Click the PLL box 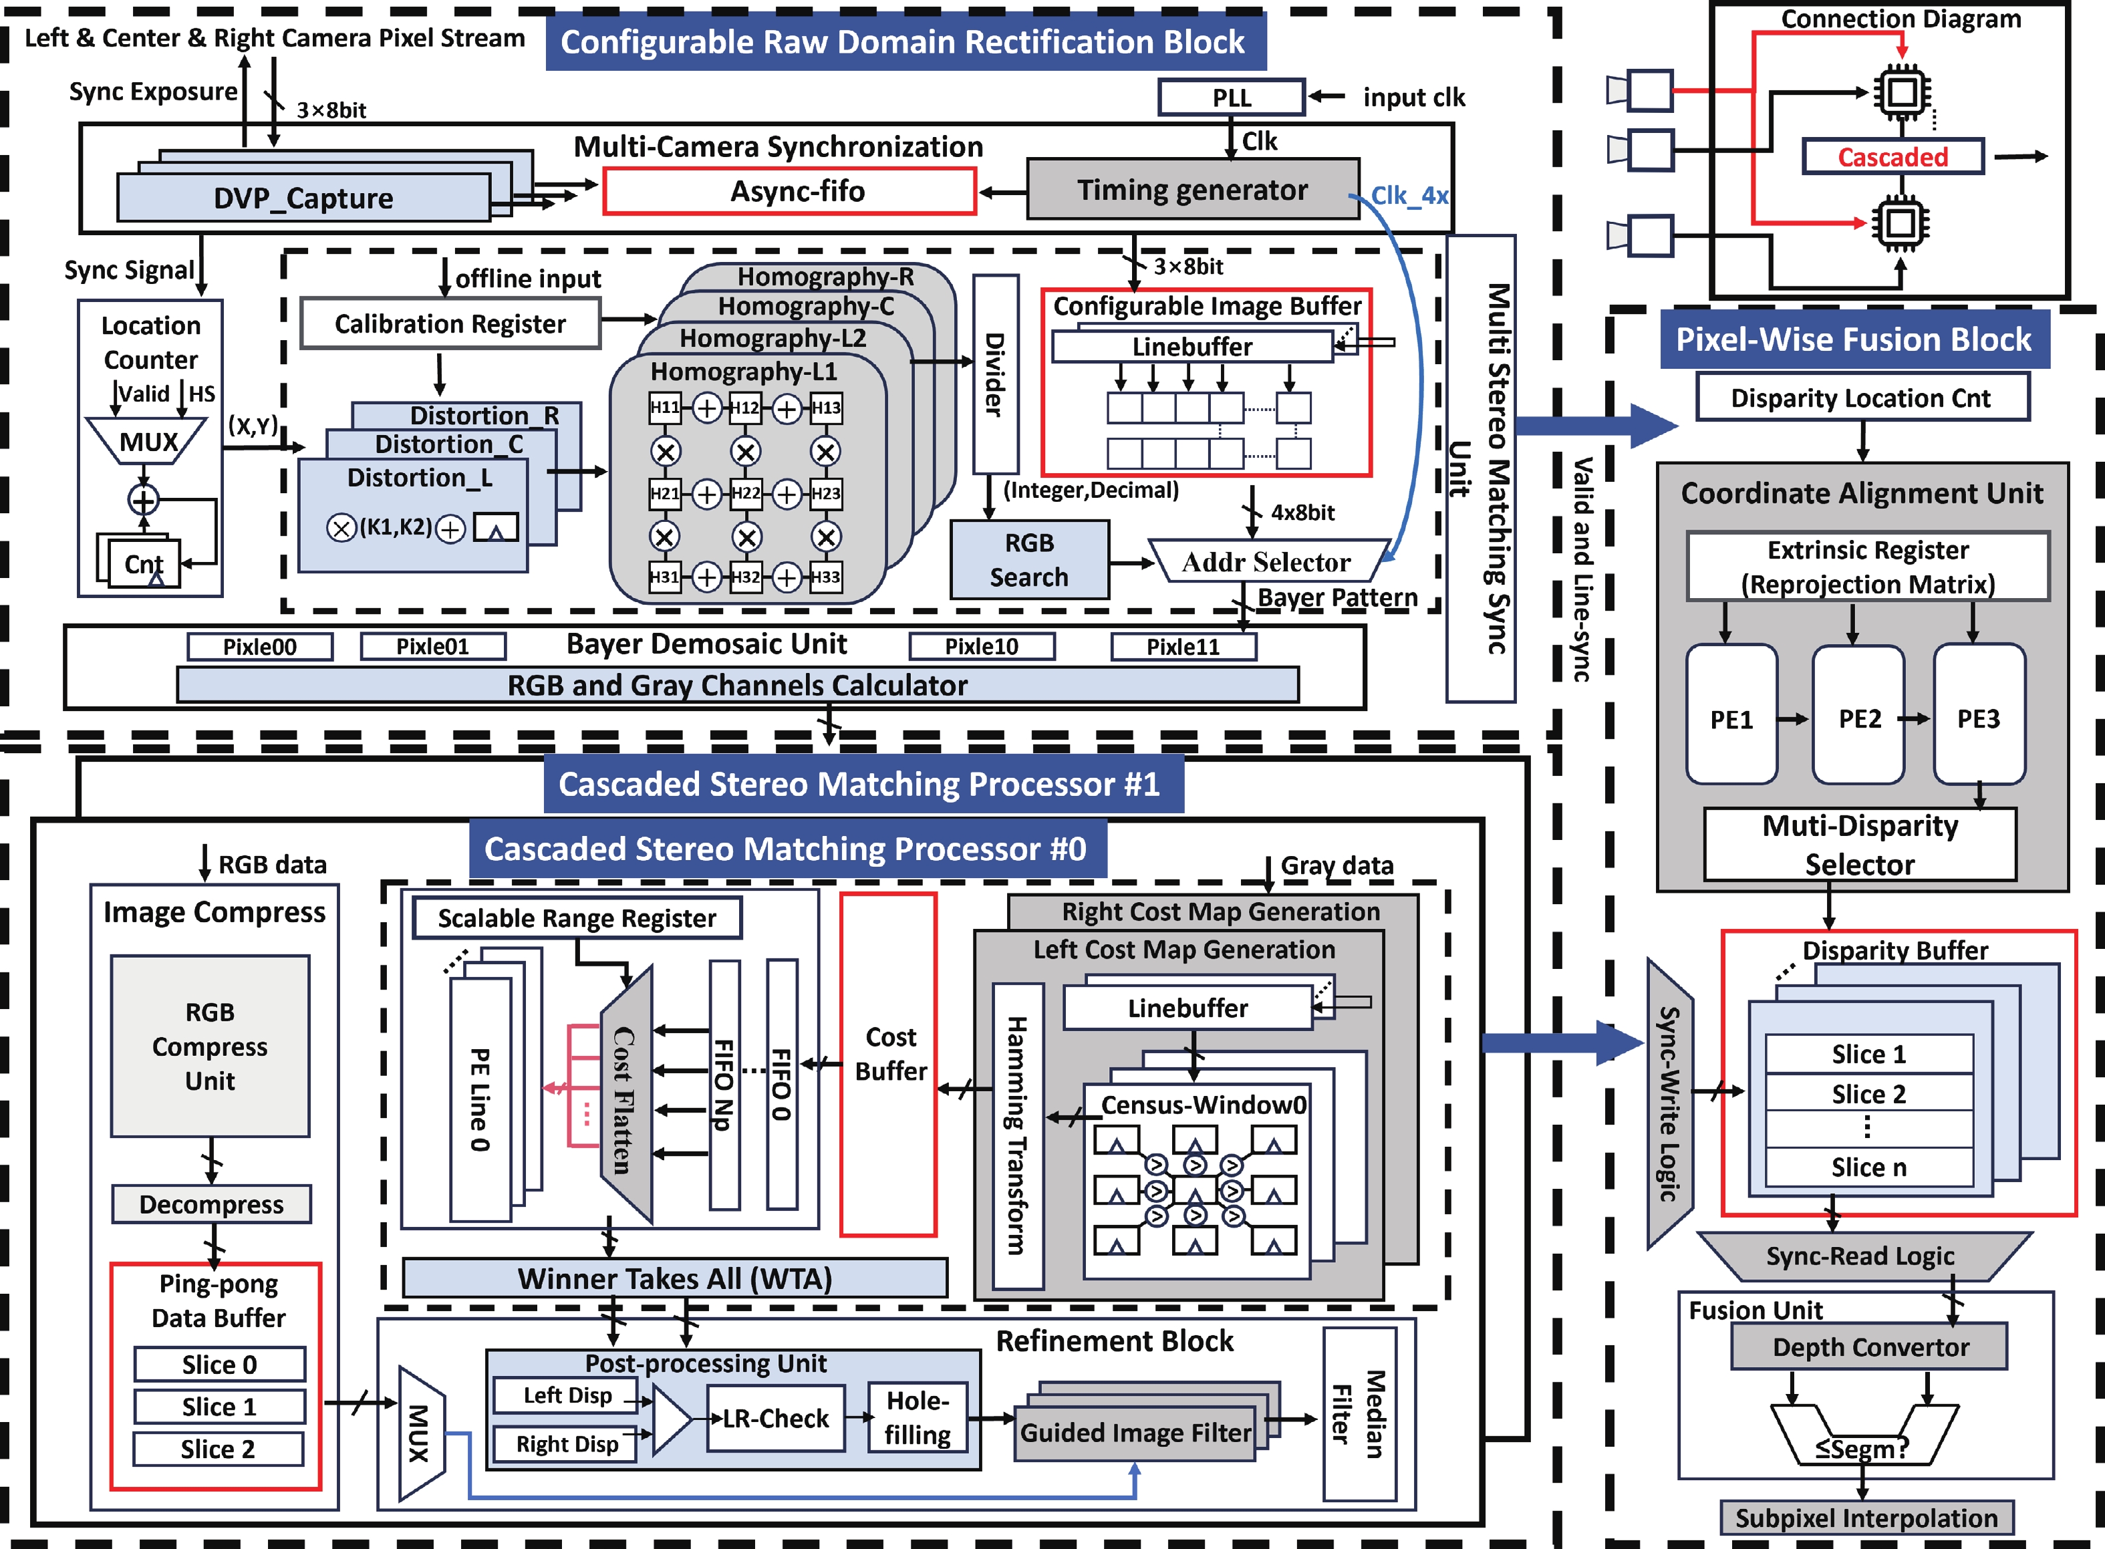click(1231, 98)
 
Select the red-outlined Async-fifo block click(789, 191)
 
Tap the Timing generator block click(1191, 190)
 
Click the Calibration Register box click(450, 323)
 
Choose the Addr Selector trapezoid click(1266, 561)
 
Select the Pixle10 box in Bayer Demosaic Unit click(981, 646)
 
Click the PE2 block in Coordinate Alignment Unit click(1858, 718)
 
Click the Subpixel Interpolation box click(1865, 1517)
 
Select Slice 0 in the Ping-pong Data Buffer click(219, 1365)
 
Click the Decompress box click(211, 1204)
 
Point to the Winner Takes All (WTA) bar click(674, 1278)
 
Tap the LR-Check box click(775, 1419)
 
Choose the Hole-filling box click(917, 1418)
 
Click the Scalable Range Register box click(577, 918)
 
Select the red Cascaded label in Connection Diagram click(1892, 156)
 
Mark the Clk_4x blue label click(1408, 195)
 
